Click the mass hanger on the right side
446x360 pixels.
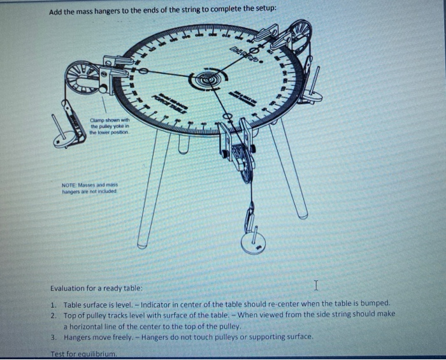tap(311, 94)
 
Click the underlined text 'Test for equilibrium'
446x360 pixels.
tap(83, 353)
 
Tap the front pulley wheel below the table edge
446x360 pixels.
tap(240, 162)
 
